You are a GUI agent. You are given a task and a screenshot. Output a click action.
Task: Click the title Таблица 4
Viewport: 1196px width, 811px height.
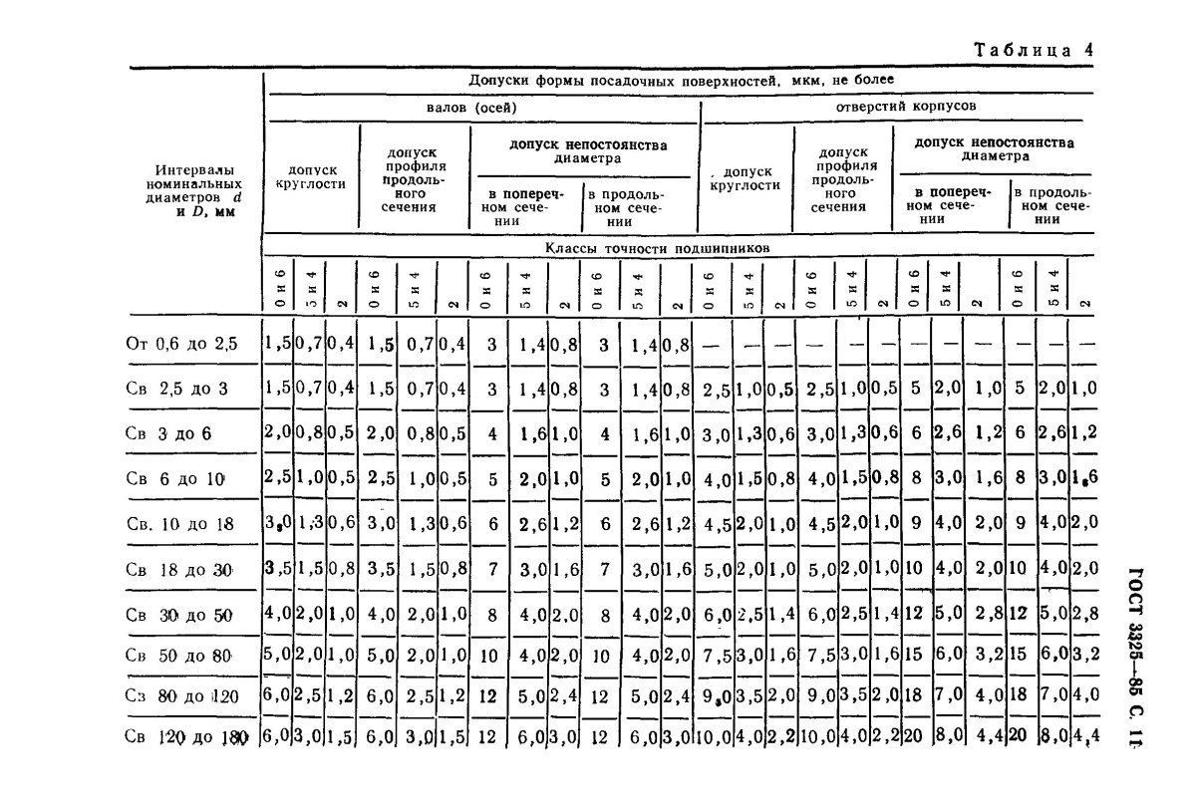coord(1033,51)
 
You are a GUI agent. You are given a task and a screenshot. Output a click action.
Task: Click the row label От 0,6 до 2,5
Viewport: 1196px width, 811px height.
coord(182,345)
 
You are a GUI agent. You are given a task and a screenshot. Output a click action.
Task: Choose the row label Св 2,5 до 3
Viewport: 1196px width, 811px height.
coord(177,390)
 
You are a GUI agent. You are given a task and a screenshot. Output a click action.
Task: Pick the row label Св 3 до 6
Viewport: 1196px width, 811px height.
coord(168,434)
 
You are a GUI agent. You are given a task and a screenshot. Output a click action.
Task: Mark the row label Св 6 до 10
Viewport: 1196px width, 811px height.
coord(176,479)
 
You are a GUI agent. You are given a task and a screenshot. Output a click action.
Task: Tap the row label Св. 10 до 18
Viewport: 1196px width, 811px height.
coord(181,524)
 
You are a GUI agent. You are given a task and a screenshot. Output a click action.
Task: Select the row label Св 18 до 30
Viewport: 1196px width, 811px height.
coord(179,570)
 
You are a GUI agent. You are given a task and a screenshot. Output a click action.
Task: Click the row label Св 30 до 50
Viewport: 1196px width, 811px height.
coord(179,616)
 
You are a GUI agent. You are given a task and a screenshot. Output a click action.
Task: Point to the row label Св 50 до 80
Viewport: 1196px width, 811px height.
coord(179,657)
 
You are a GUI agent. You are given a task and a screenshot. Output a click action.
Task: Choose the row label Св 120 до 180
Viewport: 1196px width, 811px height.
coord(185,738)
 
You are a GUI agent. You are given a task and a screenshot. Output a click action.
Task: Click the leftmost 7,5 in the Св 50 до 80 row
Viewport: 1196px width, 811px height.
coord(716,657)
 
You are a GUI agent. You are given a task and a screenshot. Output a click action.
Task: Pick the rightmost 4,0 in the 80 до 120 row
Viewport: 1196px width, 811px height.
coord(1081,696)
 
